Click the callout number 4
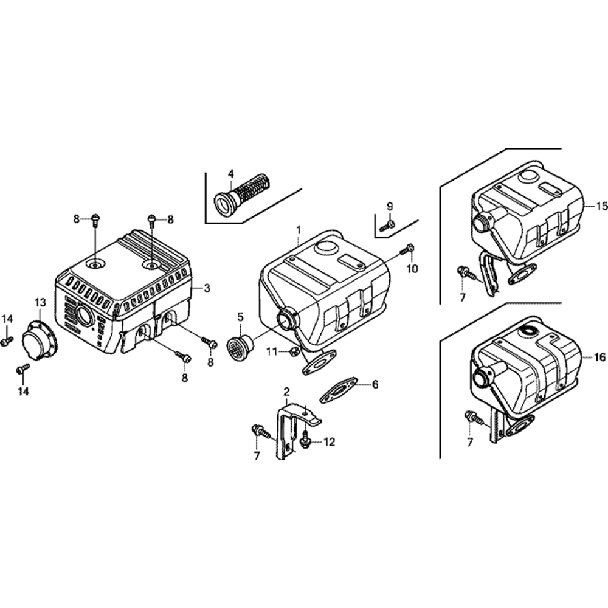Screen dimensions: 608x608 [230, 174]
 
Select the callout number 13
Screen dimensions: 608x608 [40, 302]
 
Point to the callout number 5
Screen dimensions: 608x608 [241, 317]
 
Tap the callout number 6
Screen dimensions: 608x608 [375, 384]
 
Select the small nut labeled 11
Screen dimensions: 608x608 [294, 351]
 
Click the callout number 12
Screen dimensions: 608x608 [329, 441]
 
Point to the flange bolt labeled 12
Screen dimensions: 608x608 [306, 440]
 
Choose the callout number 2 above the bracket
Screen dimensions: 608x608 [286, 391]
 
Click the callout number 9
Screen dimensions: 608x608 [389, 206]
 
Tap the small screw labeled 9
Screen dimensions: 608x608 [387, 226]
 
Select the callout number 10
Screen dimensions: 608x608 [413, 268]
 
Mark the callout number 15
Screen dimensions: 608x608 [601, 207]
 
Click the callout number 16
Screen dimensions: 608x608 [599, 357]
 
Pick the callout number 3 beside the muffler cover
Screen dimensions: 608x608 [207, 288]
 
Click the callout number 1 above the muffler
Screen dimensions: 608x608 [298, 230]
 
